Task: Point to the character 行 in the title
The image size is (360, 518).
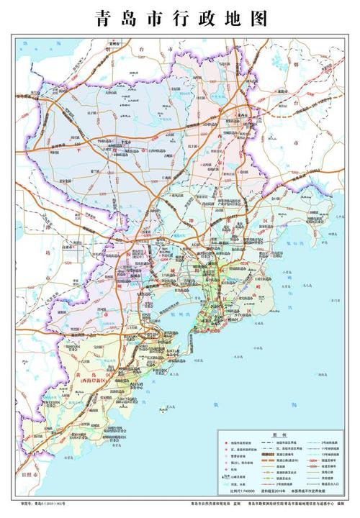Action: pos(180,19)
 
